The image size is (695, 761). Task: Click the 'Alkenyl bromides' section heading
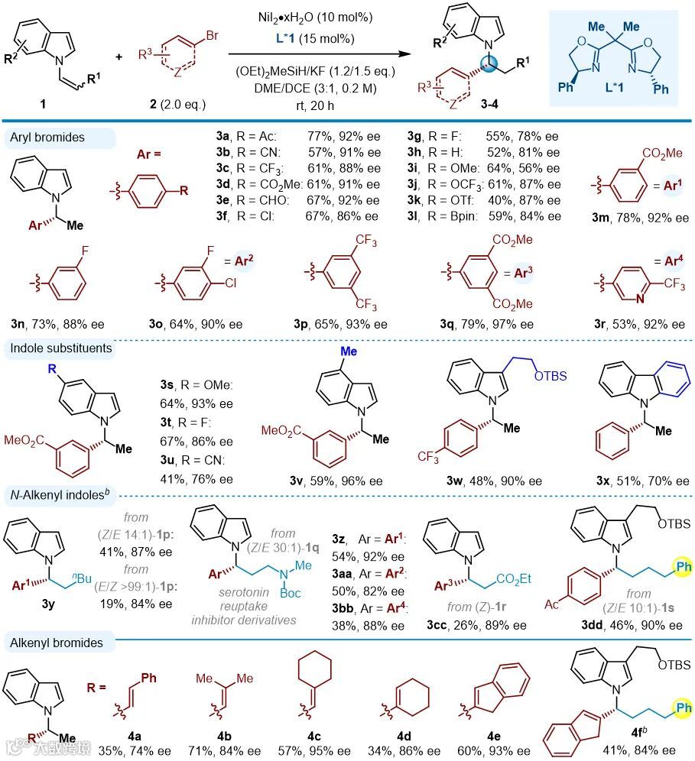(x=57, y=643)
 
